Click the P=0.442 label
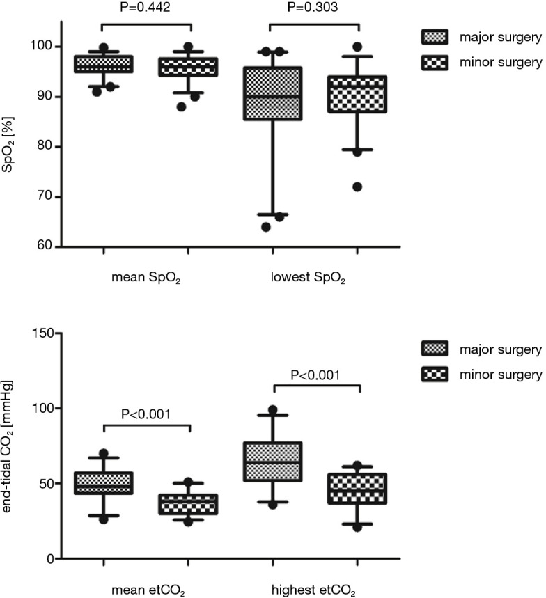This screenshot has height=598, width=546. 146,8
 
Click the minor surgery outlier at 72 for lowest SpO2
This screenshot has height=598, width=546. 357,187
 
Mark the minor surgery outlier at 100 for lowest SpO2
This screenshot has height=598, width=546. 357,47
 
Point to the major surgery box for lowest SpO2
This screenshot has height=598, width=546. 271,93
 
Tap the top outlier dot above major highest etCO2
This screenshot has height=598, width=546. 272,410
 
